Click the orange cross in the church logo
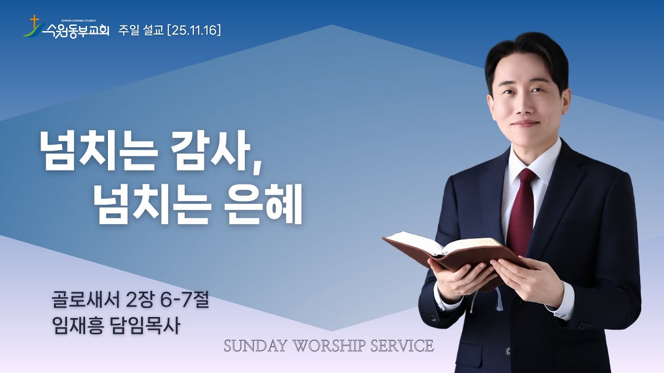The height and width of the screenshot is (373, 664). pyautogui.click(x=35, y=22)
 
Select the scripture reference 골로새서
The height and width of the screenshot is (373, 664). pyautogui.click(x=86, y=300)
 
